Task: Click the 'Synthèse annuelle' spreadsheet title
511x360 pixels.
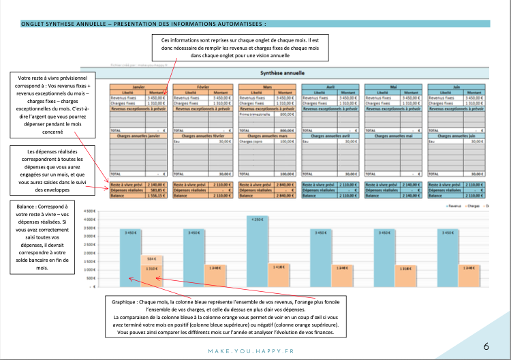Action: [283, 73]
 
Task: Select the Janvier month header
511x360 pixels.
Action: [139, 87]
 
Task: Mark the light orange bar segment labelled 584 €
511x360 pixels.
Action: [151, 259]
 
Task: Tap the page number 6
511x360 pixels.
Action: [486, 346]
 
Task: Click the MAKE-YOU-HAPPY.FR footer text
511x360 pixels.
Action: [256, 351]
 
